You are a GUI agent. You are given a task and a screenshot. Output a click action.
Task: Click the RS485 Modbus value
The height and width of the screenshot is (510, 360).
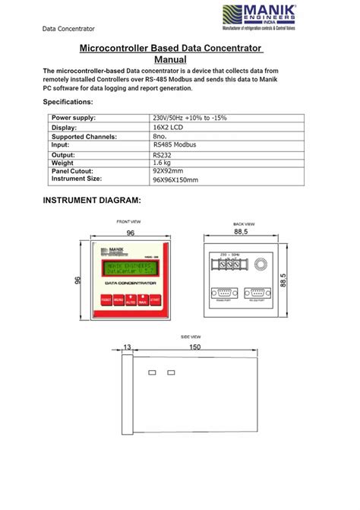[x=175, y=144]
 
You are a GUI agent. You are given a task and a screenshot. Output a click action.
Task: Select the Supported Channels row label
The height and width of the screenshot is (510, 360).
[x=84, y=136]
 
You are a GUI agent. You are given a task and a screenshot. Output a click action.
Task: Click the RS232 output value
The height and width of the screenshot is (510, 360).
[x=164, y=154]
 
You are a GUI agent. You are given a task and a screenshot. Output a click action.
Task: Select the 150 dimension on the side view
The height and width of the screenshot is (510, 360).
[x=194, y=347]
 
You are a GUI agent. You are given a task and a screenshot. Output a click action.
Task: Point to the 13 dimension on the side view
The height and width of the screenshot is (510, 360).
[x=126, y=347]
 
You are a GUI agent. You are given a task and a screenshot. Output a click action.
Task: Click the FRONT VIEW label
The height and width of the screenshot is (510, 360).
[x=128, y=221]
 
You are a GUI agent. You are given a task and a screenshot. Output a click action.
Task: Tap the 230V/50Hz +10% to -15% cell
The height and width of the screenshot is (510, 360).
[x=189, y=118]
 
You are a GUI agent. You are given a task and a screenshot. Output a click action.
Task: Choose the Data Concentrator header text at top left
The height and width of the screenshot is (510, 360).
[x=68, y=29]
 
